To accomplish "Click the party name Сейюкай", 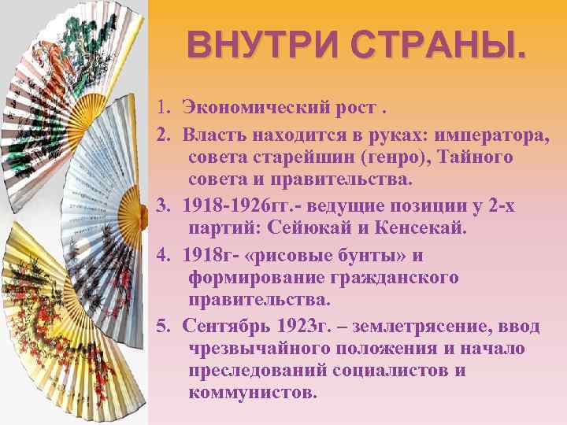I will click(306, 228).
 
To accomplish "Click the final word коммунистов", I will click(252, 392).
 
